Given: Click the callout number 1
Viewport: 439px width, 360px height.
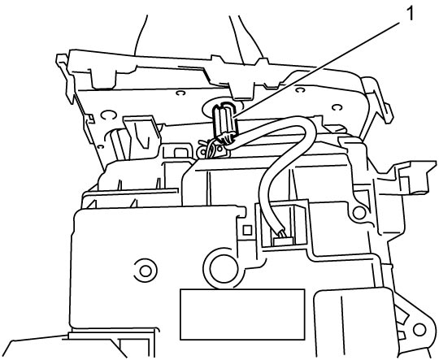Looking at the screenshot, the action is coord(410,14).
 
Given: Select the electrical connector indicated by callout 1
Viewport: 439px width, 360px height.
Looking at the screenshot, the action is coord(224,123).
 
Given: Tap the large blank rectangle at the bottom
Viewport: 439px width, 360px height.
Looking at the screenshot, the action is coord(242,314).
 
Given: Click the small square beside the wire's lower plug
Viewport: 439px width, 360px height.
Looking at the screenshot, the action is coord(247,231).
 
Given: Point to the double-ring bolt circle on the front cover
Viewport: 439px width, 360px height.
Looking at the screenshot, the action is coord(145,271).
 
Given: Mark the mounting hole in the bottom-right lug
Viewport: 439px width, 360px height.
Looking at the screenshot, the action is coord(419,330).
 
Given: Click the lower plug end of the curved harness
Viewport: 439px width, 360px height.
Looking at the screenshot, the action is coord(284,238).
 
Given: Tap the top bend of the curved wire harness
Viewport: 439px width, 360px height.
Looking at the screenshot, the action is coord(304,124).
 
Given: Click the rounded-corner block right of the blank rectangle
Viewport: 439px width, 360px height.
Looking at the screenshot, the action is coord(354,319).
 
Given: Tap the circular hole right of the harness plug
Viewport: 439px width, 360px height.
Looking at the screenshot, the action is coord(359,213).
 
